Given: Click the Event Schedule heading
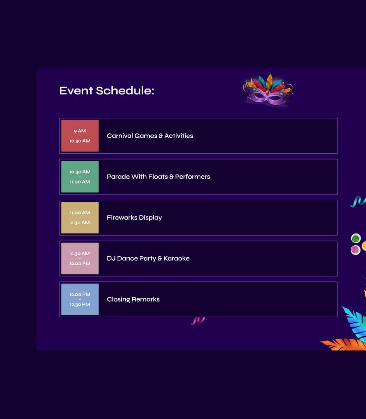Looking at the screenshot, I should coord(107,91).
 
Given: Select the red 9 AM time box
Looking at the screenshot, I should coord(80,136).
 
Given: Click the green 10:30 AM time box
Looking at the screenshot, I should coord(80,177).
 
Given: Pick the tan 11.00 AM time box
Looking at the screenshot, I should coord(80,218).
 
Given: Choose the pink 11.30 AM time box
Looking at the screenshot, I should coord(80,258).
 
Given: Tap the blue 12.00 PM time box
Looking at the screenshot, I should coord(80,299).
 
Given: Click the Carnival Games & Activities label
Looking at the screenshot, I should coord(150,136).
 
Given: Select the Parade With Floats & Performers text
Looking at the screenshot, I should coord(158,177).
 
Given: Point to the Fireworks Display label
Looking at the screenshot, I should coord(134,218).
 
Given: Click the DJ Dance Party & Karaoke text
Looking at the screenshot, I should coord(148,258).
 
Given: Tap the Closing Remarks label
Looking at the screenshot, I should coord(133,299).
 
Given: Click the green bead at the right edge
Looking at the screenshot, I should coord(356,238).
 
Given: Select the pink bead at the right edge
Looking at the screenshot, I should coord(355,250).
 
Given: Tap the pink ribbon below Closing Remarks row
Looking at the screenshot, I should coord(198,321).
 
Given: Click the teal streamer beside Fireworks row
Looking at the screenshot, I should coord(358,201).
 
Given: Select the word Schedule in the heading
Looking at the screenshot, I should coord(125,91).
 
